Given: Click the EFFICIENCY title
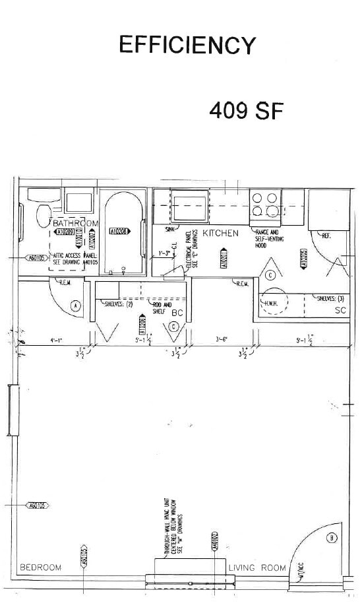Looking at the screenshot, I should (x=187, y=45).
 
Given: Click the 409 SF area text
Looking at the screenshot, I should (x=245, y=110).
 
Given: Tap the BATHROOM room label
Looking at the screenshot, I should (x=75, y=223).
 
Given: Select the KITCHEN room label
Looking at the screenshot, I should (x=220, y=234).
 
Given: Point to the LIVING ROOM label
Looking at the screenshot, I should (x=257, y=567).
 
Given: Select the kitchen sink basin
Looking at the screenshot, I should (x=189, y=206).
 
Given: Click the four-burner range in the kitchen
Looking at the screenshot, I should (x=265, y=205).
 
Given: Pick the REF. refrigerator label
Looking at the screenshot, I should (x=326, y=235).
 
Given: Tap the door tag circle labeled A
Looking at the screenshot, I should (x=75, y=306).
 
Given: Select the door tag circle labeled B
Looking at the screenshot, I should (x=332, y=538).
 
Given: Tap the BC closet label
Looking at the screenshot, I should (x=177, y=313).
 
